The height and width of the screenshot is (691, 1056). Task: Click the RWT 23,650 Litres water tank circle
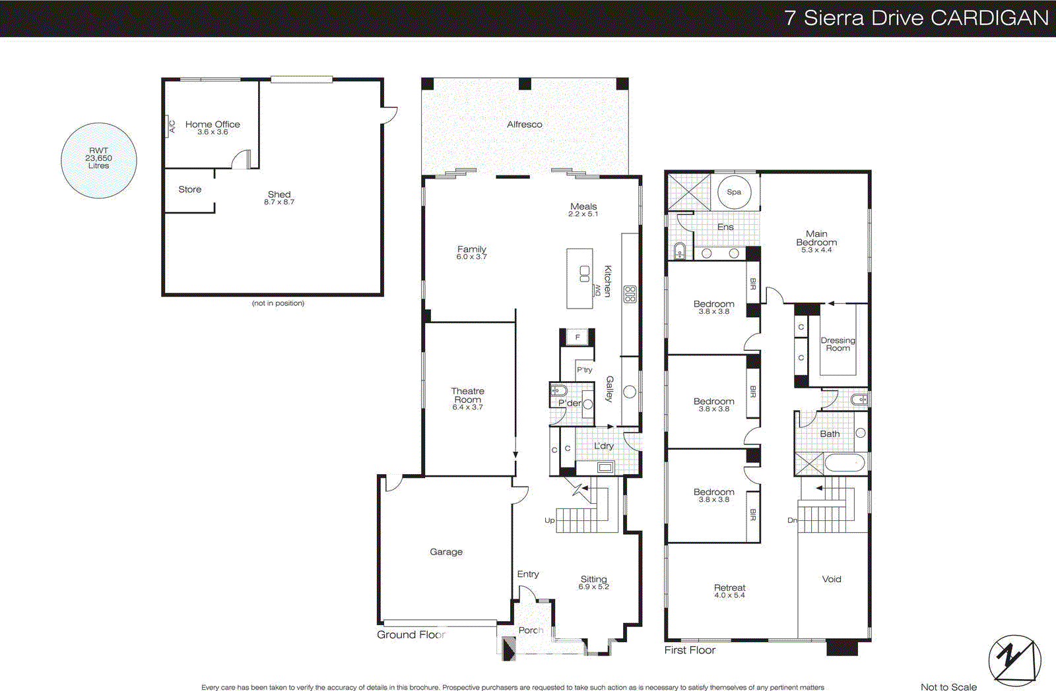click(x=99, y=160)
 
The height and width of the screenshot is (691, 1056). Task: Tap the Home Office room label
click(x=213, y=124)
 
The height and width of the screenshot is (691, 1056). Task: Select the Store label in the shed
click(x=189, y=189)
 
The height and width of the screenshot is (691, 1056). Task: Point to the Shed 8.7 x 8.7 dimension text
click(x=279, y=202)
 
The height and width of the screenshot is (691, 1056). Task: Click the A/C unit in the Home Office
click(x=170, y=126)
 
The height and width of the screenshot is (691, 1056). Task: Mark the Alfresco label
click(x=525, y=124)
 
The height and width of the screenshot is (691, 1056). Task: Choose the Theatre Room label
click(x=467, y=395)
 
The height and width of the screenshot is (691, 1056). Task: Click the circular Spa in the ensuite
click(x=734, y=192)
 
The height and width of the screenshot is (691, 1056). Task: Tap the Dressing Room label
click(x=838, y=344)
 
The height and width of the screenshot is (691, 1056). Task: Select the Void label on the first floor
click(x=832, y=579)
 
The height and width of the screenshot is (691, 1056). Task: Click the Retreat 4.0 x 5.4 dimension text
click(x=729, y=595)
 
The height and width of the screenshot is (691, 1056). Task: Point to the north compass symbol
click(x=1014, y=660)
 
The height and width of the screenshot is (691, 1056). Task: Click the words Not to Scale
click(x=948, y=686)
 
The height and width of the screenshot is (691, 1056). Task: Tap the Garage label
click(x=446, y=552)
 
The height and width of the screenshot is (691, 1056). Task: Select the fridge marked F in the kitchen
click(x=577, y=337)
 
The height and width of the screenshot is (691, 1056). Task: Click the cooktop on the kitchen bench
click(x=630, y=294)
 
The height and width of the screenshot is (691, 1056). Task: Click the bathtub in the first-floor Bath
click(x=844, y=463)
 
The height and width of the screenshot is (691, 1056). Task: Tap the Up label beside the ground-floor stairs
click(x=549, y=520)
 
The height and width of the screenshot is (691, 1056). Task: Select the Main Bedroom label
click(x=816, y=238)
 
